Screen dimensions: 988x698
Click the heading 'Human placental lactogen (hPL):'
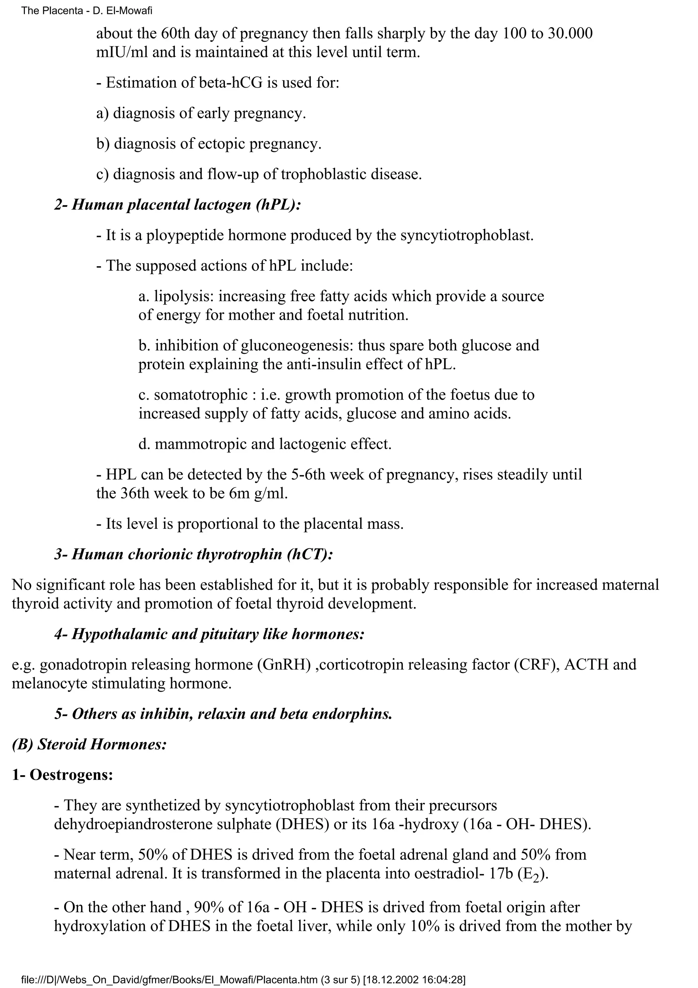pyautogui.click(x=186, y=205)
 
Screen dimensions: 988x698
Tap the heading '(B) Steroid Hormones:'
pyautogui.click(x=89, y=744)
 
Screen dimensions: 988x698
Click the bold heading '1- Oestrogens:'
pyautogui.click(x=62, y=775)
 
